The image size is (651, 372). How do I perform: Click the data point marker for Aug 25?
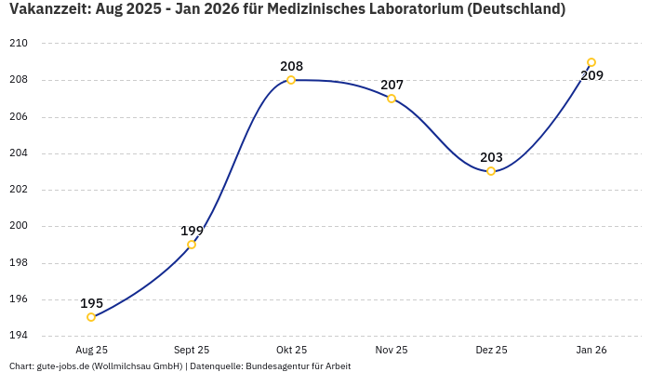pos(91,317)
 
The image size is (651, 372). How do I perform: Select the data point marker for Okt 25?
pos(291,80)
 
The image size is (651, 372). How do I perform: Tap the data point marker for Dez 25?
pos(491,171)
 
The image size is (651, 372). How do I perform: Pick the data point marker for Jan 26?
pos(591,62)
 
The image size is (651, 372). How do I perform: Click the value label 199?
pos(192,231)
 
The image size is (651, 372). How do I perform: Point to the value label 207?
pos(392,85)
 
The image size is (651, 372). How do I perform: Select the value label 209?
pos(591,75)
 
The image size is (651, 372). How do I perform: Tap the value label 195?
pos(91,303)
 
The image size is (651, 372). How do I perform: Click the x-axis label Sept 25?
pos(192,350)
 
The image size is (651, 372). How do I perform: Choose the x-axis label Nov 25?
pos(392,350)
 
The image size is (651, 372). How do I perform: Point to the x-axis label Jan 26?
pos(591,350)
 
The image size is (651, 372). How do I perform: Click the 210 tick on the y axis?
pos(19,44)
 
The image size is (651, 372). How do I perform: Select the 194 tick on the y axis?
pos(19,336)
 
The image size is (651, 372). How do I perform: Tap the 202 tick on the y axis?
pos(19,190)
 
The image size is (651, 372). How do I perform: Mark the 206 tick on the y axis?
pos(19,117)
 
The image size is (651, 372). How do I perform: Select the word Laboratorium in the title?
pos(422,10)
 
